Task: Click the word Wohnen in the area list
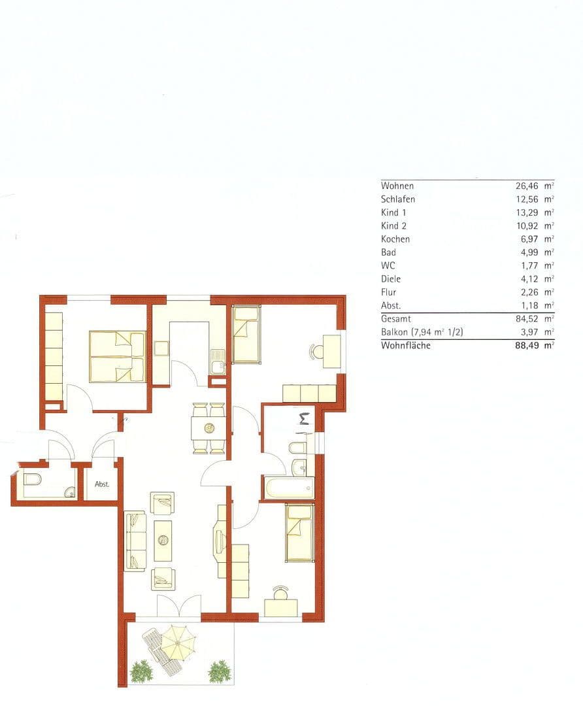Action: [x=397, y=186]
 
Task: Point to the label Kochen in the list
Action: [x=395, y=239]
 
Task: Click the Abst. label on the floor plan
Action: [x=101, y=484]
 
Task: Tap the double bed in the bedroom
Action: [x=117, y=357]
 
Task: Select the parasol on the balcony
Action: [x=178, y=642]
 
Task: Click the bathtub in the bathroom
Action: [x=288, y=488]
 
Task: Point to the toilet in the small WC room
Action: [x=32, y=479]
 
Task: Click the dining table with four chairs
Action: [x=209, y=429]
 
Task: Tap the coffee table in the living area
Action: [x=163, y=540]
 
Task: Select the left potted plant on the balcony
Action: [x=141, y=671]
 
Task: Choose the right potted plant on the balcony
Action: [x=220, y=671]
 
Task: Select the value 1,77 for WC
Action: [x=530, y=266]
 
